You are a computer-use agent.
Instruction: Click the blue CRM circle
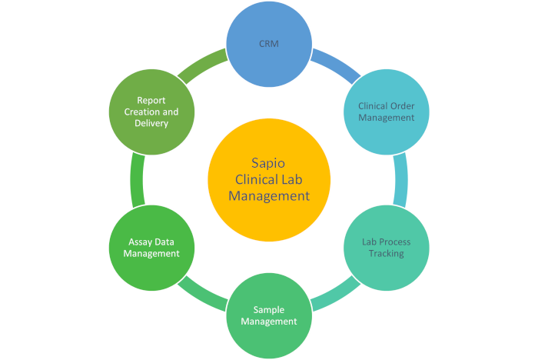click(269, 44)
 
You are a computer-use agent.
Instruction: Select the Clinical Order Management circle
click(387, 112)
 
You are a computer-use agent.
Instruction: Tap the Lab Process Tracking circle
click(387, 248)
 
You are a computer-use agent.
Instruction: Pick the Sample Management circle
click(269, 315)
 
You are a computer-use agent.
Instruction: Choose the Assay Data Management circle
click(151, 248)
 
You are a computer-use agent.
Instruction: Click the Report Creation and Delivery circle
click(151, 112)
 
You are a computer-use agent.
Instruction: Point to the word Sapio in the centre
click(268, 164)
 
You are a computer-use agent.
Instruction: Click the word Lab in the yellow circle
click(292, 179)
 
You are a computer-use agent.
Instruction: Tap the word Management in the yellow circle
click(269, 196)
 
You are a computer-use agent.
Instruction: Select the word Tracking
click(387, 254)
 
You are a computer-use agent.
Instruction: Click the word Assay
click(138, 242)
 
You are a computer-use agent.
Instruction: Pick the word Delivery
click(151, 123)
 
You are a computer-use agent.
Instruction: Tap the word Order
click(403, 106)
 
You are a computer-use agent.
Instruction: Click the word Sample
click(269, 310)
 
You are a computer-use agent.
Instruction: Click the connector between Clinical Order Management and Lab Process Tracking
click(401, 180)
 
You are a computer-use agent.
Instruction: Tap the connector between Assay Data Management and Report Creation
click(137, 180)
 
